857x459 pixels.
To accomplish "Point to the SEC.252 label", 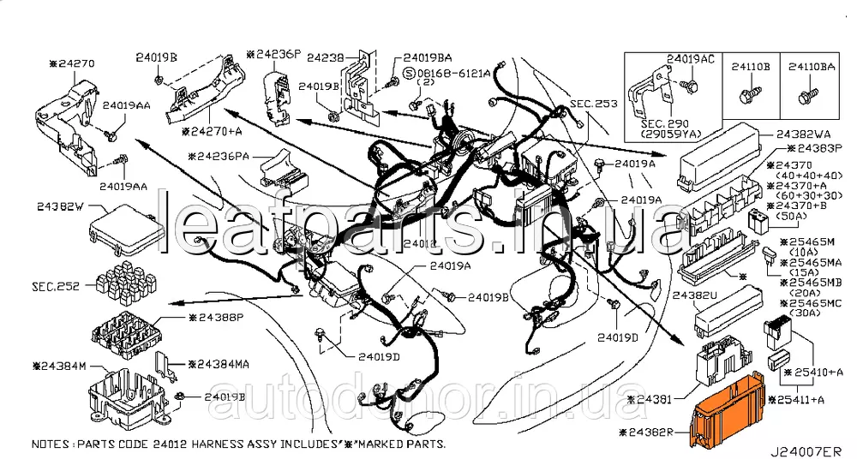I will [57, 286].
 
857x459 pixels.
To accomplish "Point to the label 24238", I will [325, 57].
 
